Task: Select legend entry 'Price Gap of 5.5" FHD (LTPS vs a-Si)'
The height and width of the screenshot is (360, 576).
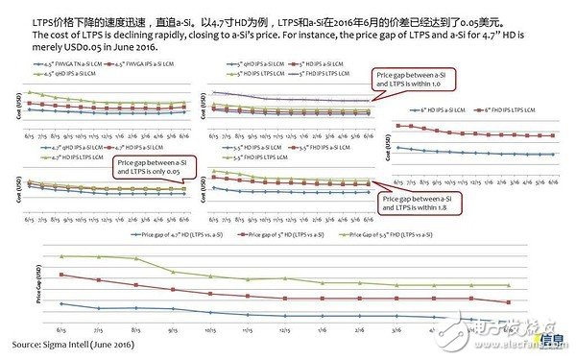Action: coord(403,233)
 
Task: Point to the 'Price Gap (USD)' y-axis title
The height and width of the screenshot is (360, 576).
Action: coord(39,288)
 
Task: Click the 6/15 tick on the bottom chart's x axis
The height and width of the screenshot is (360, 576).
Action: coord(62,327)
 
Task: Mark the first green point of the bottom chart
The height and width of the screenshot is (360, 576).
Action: coord(62,256)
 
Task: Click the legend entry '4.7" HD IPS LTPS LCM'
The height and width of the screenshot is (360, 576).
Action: coord(70,156)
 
